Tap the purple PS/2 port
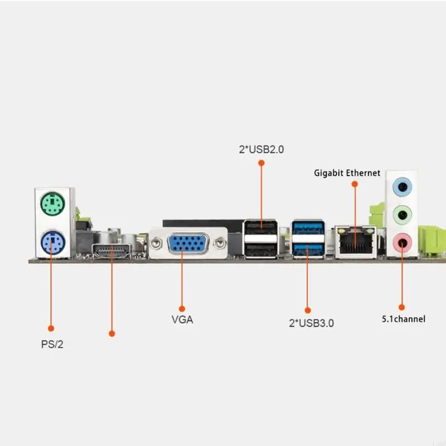point(51,243)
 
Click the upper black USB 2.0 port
point(261,229)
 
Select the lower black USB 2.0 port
point(261,249)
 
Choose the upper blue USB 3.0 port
point(307,229)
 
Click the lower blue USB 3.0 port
point(307,249)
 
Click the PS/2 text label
point(52,344)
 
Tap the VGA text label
point(182,321)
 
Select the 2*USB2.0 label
point(261,149)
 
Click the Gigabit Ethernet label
point(347,173)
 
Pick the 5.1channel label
point(403,319)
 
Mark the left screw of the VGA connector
point(157,243)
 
